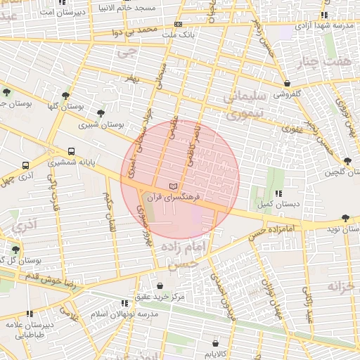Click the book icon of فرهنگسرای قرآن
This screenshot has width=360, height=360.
tap(173, 186)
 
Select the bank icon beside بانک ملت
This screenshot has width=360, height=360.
tap(177, 24)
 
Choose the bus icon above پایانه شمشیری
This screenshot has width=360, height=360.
tap(71, 151)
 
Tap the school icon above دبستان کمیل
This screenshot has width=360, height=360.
tap(279, 193)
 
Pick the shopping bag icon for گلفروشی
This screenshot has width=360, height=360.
tap(287, 83)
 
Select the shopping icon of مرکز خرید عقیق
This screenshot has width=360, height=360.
tap(161, 286)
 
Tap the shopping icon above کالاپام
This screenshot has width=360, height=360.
tap(216, 343)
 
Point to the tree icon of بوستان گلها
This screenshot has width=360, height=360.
tap(65, 96)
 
